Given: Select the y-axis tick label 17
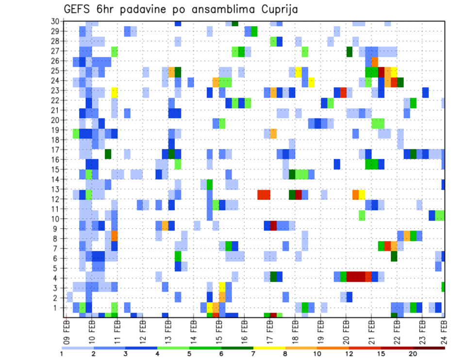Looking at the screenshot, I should [x=55, y=149].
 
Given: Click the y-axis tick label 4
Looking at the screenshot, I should [x=57, y=278].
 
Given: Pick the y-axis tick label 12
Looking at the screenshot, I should [x=55, y=199].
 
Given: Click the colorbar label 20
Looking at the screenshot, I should [x=413, y=354].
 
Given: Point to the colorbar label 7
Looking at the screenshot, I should [x=254, y=354].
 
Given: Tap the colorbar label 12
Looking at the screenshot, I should [x=349, y=354].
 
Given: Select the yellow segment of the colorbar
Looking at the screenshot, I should [x=269, y=348].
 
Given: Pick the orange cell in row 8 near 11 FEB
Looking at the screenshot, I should [x=115, y=236].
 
